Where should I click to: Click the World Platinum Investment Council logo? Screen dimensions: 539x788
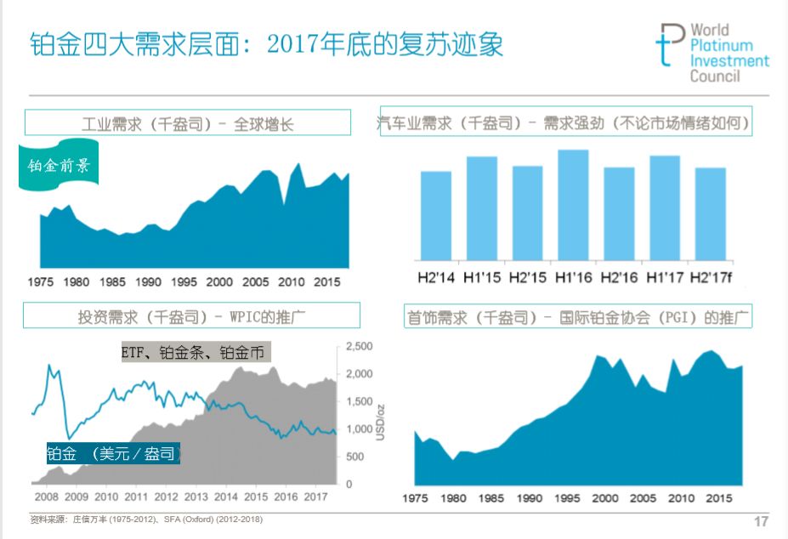[711, 53]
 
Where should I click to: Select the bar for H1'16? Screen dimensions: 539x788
[573, 205]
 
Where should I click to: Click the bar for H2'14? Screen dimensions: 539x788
[436, 216]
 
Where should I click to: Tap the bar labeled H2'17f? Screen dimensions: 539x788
[711, 214]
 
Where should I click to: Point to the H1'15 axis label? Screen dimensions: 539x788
[481, 277]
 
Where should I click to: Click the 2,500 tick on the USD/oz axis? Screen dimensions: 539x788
[360, 347]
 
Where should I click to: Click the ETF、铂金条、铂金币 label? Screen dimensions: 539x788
[195, 351]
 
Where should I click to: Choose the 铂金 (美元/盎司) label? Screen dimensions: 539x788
[113, 454]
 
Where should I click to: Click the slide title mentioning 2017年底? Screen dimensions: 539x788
[266, 43]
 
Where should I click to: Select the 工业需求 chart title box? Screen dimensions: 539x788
[188, 123]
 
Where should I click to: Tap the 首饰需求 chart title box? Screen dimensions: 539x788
[577, 318]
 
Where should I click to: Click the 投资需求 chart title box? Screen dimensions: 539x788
[191, 316]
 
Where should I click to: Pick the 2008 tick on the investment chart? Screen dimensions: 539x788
[47, 496]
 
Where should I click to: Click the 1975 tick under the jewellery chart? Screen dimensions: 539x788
[415, 497]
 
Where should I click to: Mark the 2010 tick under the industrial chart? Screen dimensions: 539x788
[292, 281]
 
